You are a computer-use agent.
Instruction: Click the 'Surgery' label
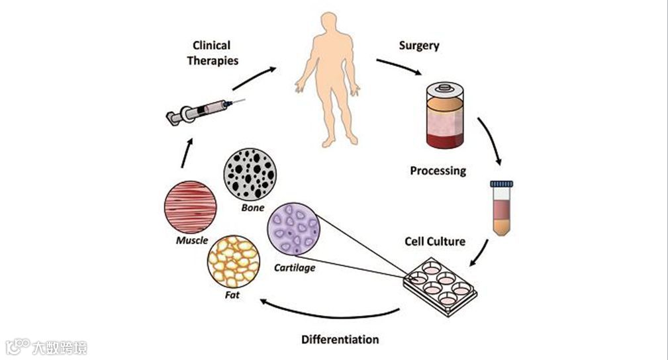(419, 46)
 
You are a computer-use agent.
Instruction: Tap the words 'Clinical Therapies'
(212, 53)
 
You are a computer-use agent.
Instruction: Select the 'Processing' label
(438, 171)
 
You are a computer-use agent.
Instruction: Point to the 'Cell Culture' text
(435, 241)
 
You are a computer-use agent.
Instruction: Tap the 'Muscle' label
(191, 241)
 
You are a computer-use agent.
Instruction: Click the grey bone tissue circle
(250, 174)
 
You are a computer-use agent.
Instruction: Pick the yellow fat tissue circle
(234, 263)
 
